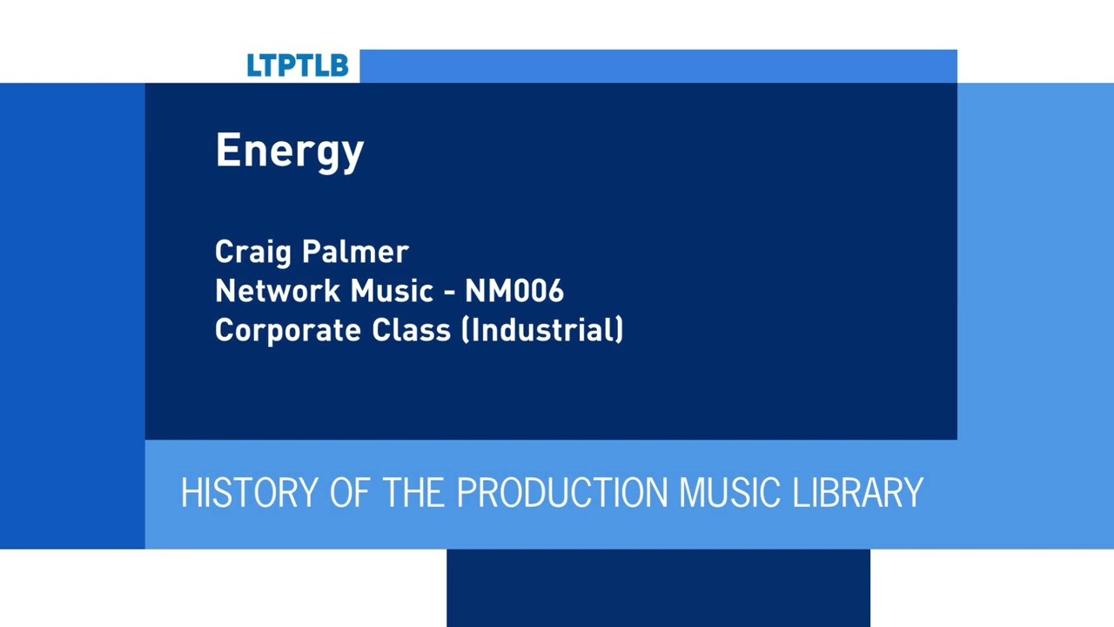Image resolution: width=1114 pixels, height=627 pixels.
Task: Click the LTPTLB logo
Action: [x=297, y=65]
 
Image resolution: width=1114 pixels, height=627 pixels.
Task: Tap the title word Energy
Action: [x=290, y=152]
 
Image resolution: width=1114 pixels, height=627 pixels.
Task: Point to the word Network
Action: [x=278, y=291]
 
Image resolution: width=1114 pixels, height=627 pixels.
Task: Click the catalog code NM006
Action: [x=514, y=291]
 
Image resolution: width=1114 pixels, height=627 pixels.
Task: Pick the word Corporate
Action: [x=289, y=331]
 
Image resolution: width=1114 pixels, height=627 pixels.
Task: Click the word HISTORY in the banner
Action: [x=250, y=493]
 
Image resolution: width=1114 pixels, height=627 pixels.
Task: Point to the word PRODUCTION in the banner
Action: [x=562, y=493]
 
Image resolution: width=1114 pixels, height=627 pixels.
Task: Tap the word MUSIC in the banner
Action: [x=729, y=493]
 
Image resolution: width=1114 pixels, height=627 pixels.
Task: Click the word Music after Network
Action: [x=392, y=291]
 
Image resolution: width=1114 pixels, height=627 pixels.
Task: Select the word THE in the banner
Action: [x=413, y=493]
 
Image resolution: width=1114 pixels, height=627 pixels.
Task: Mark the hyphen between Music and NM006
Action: [x=449, y=293]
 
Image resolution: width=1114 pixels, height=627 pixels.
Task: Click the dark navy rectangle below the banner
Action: [x=658, y=588]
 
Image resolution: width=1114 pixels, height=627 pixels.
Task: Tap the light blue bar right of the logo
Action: [x=658, y=66]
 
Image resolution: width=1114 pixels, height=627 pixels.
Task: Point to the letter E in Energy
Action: [x=227, y=150]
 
